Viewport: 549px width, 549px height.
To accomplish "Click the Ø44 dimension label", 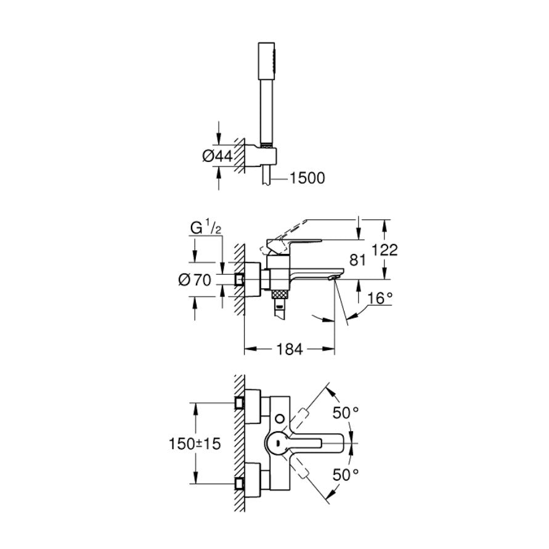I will point(216,157).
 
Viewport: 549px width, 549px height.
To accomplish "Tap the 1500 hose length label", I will point(307,178).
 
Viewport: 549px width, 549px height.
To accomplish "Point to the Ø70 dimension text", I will point(194,280).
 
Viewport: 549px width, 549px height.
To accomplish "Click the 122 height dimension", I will point(385,250).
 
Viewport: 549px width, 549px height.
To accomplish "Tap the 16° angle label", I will point(380,298).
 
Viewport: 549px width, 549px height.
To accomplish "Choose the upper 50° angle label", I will point(346,413).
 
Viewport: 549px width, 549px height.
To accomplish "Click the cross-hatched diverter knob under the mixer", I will point(280,292).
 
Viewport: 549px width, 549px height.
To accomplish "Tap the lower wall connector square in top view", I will point(239,482).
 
